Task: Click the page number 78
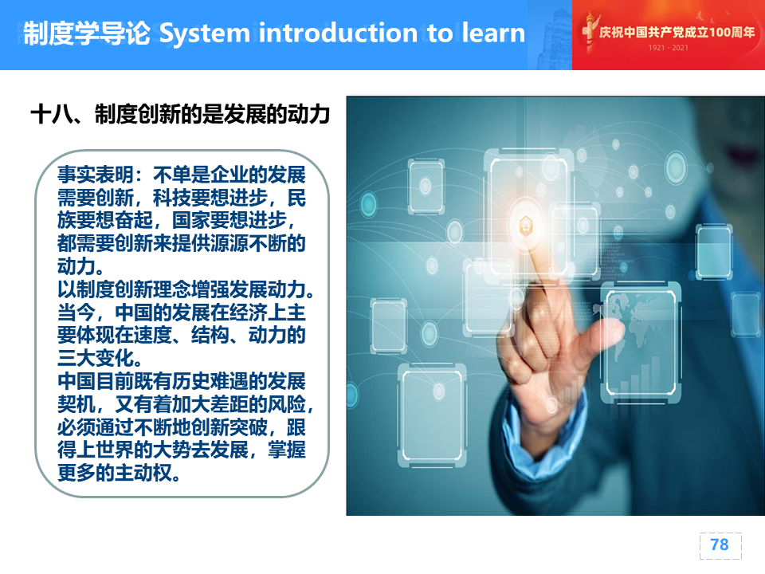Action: pos(720,545)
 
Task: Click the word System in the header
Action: pos(205,33)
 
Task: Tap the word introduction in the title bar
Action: pos(338,33)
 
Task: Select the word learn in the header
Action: pos(493,33)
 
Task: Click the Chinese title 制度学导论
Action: pos(87,33)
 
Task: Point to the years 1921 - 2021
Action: pos(668,48)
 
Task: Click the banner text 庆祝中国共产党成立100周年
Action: pos(677,32)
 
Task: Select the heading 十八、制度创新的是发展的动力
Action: pos(180,114)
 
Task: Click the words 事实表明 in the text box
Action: pos(95,175)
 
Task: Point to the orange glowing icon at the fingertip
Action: pos(526,226)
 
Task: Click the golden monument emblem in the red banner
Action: pos(589,32)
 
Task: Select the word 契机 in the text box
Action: pos(76,404)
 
